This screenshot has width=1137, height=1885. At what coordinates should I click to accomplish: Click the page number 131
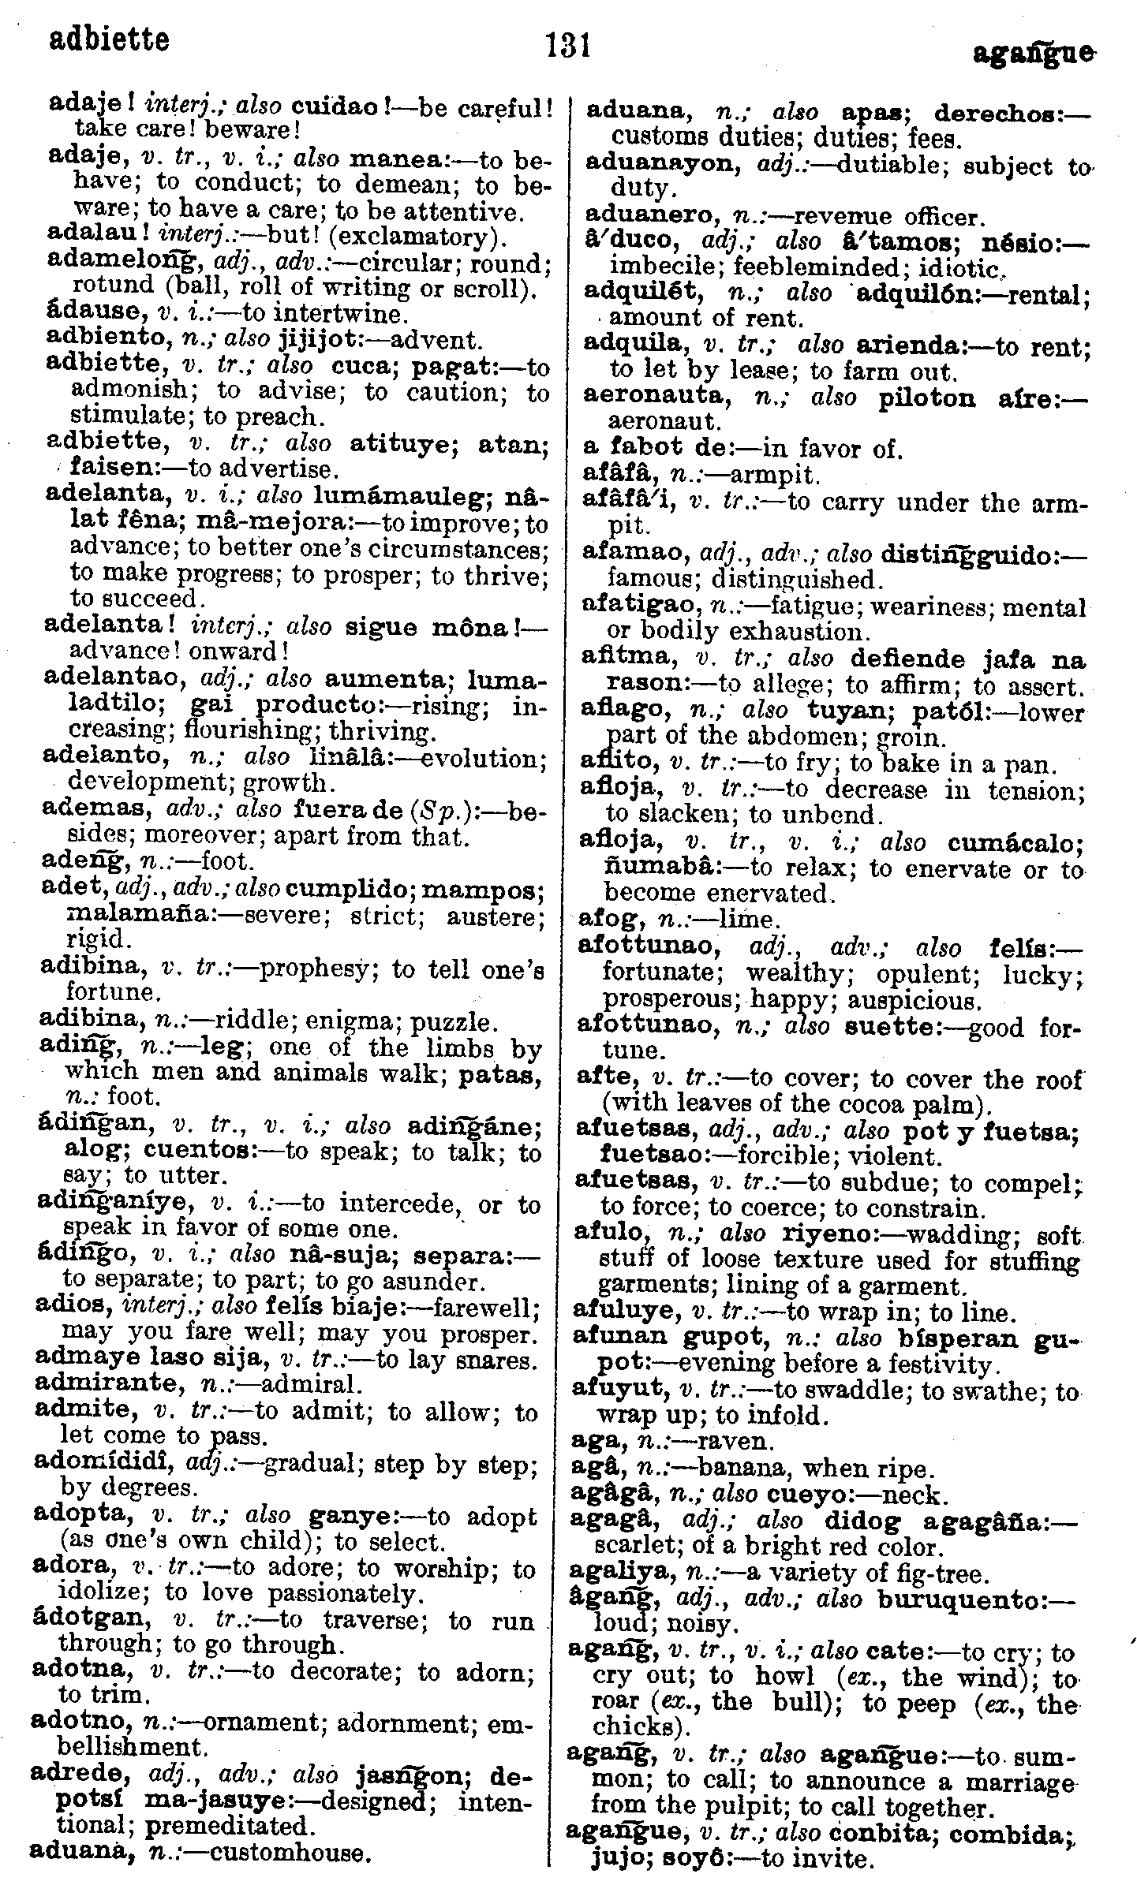pos(568,45)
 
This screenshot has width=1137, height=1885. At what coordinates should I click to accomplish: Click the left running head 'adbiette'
pos(109,39)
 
